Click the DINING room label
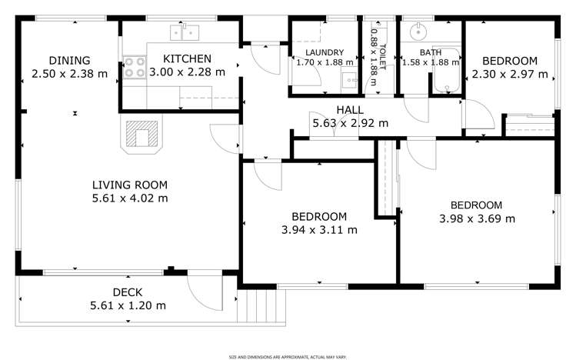(x=69, y=60)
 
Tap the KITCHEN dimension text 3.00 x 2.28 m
(x=188, y=72)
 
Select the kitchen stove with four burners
(x=135, y=68)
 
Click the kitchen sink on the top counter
(x=185, y=32)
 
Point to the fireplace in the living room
(x=142, y=136)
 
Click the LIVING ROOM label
(x=129, y=185)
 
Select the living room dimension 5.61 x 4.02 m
(x=129, y=198)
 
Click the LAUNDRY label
(x=324, y=52)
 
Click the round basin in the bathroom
(x=418, y=33)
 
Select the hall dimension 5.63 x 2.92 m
(x=349, y=123)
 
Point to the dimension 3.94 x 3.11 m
(x=318, y=229)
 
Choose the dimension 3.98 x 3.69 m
(x=476, y=218)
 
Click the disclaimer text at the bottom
(x=287, y=356)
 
